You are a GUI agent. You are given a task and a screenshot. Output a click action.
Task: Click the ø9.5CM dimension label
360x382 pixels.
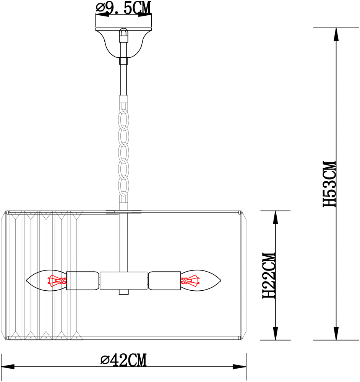point(123,8)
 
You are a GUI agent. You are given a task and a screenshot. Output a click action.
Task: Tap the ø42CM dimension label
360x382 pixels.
point(123,360)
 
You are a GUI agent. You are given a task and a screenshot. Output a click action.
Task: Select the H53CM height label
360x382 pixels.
point(329,184)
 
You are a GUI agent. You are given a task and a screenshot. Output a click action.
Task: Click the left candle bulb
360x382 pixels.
point(46,280)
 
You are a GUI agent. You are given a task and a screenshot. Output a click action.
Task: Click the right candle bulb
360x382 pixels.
point(201,280)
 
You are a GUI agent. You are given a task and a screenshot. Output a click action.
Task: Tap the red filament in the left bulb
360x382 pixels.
point(57,281)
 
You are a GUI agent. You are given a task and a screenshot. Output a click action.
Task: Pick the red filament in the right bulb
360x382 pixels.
point(190,281)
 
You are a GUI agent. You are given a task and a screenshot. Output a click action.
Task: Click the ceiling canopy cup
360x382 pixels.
point(123,43)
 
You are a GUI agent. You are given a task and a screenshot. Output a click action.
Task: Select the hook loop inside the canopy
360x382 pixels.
point(123,33)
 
